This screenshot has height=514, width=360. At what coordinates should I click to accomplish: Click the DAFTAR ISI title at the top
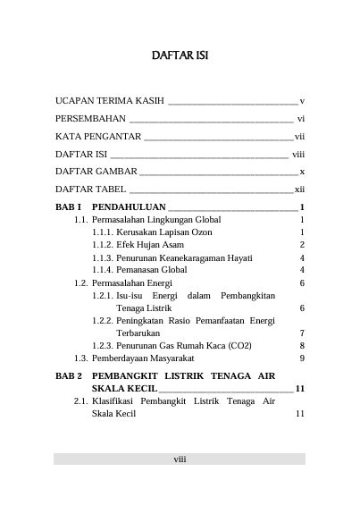(x=180, y=56)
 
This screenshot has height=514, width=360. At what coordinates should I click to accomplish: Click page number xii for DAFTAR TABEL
(x=300, y=190)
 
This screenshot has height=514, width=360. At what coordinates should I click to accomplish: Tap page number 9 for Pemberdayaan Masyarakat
(x=303, y=358)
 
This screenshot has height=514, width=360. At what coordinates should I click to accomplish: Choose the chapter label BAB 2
(x=69, y=376)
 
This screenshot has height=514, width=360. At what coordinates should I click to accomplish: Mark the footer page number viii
(x=180, y=459)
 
